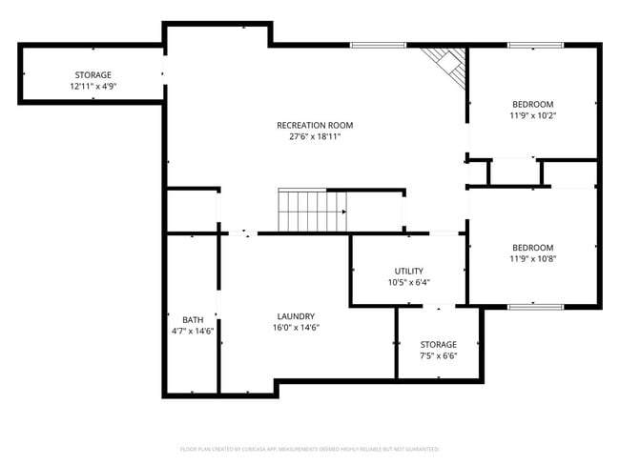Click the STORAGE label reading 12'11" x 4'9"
click(93, 74)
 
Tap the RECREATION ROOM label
click(315, 125)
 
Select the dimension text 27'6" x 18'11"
click(315, 136)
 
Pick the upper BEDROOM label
click(532, 104)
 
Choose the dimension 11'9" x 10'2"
click(532, 115)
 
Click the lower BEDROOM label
click(532, 247)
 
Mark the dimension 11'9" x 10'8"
click(532, 258)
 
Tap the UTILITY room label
click(409, 271)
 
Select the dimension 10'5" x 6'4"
click(409, 282)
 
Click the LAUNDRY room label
click(296, 316)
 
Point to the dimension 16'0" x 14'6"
click(296, 328)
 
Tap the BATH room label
click(193, 319)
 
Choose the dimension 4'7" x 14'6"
click(193, 331)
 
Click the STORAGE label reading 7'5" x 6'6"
click(439, 344)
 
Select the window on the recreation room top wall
click(378, 45)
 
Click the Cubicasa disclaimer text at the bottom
click(309, 448)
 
